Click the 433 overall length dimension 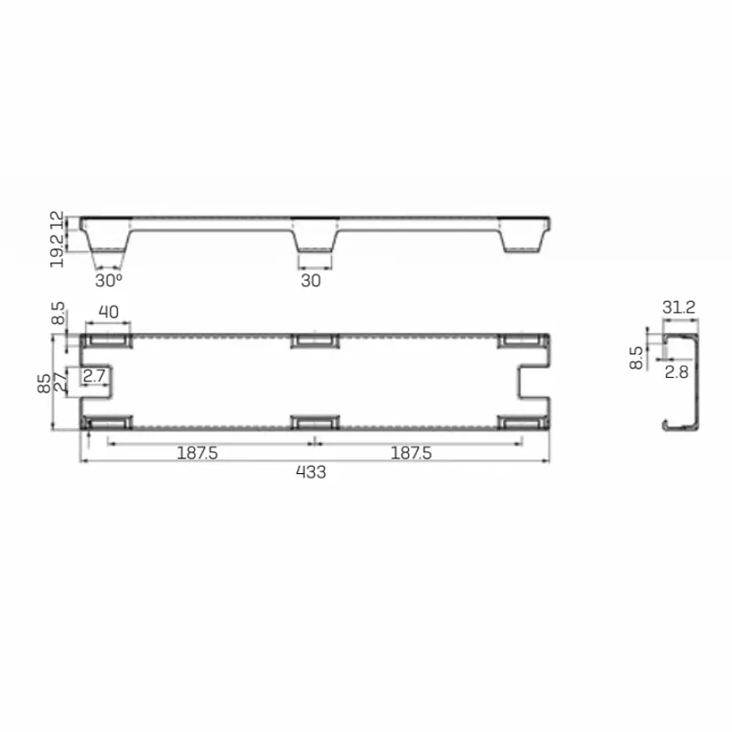tap(311, 472)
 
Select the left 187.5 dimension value tap(197, 453)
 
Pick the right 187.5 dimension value tap(411, 453)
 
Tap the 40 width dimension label tap(108, 312)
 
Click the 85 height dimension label tap(44, 382)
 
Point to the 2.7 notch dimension tap(94, 376)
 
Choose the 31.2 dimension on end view tap(679, 307)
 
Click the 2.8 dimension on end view tap(676, 372)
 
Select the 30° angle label tap(108, 281)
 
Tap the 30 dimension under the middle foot tap(311, 281)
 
